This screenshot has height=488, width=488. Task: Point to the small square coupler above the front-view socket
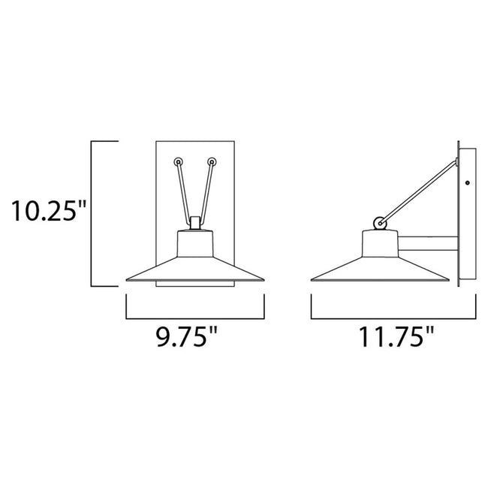coord(195,223)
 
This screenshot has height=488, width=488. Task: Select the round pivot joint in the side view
coord(381,222)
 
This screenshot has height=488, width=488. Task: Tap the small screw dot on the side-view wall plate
coord(468,184)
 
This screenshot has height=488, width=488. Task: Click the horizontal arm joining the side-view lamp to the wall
coord(428,244)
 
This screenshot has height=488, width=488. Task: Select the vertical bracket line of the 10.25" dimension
coord(92,212)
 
